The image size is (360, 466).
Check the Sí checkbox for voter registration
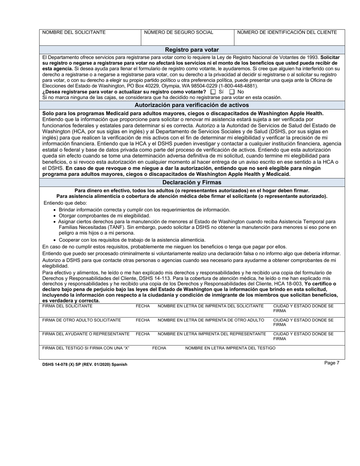pos(213,92)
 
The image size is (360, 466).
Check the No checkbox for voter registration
pos(232,92)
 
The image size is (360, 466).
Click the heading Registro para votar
pos(192,50)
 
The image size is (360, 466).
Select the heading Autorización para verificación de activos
pos(192,105)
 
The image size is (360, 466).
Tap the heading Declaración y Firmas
pos(192,182)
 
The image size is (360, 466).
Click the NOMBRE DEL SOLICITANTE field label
pos(74,33)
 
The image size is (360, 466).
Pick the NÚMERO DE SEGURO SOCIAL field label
pos(178,33)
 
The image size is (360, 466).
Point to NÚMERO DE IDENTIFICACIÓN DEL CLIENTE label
pos(287,33)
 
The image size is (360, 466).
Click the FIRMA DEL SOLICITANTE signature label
pos(67,306)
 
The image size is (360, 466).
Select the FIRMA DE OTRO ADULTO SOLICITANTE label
pos(81,320)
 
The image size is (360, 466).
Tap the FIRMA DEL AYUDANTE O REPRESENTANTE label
pos(86,334)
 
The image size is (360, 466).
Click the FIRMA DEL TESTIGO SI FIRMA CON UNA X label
pos(86,348)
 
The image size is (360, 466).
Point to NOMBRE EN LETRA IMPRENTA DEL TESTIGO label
pos(230,348)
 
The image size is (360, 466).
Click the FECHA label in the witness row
pos(159,348)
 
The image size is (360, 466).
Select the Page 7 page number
pos(332,363)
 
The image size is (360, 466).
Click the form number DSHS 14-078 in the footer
pos(56,364)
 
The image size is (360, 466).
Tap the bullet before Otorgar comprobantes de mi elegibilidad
pos(55,216)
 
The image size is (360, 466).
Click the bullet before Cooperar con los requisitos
pos(55,240)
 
